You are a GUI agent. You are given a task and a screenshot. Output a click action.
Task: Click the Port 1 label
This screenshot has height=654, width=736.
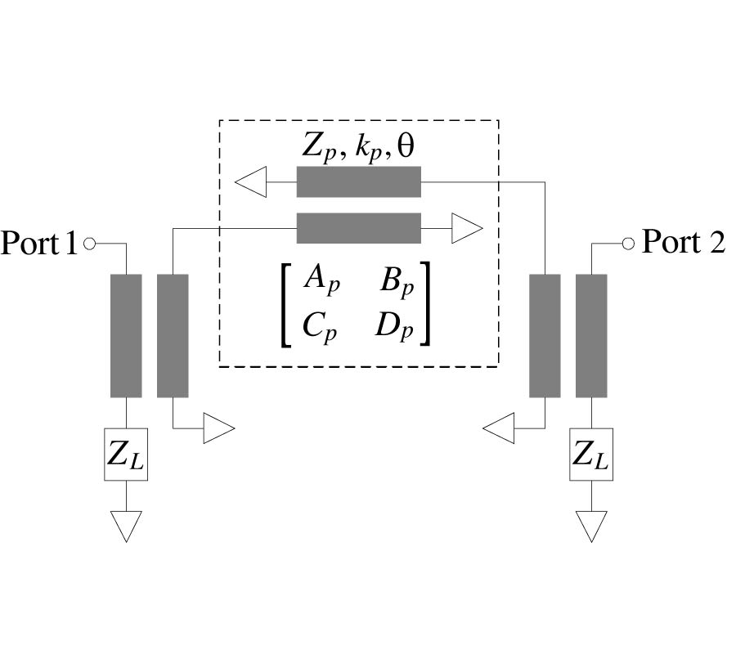(x=39, y=243)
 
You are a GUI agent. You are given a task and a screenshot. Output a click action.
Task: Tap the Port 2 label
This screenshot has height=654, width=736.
(x=684, y=242)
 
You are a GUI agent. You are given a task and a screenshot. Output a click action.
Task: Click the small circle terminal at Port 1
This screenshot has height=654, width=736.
(x=89, y=243)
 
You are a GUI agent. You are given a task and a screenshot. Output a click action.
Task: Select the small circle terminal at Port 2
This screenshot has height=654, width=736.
(x=628, y=243)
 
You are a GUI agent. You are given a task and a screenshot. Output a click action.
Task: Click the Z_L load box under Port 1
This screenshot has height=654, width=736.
(x=126, y=455)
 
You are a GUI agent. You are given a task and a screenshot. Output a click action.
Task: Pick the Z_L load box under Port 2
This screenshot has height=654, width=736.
(x=591, y=455)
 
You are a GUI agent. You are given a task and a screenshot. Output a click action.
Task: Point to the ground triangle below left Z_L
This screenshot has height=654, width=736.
(x=126, y=526)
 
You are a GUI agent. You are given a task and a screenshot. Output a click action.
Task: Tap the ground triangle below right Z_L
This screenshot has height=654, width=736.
(x=591, y=526)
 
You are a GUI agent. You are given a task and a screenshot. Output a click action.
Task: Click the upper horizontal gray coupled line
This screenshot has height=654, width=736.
(x=358, y=181)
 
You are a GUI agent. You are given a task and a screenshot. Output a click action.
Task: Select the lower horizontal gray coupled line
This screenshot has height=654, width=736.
(x=358, y=228)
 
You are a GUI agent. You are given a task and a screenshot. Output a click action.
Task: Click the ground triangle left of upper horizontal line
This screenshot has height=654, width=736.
(x=252, y=181)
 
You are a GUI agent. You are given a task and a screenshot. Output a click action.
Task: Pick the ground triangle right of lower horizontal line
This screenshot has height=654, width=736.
(x=467, y=228)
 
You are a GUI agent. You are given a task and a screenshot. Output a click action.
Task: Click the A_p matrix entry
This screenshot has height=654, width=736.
(x=320, y=280)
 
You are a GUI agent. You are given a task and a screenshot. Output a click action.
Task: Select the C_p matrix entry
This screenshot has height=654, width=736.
(x=319, y=327)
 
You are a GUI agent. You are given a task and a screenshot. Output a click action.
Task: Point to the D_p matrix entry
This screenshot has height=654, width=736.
(x=396, y=327)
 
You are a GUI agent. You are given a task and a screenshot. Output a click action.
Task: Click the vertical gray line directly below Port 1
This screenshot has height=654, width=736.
(x=126, y=335)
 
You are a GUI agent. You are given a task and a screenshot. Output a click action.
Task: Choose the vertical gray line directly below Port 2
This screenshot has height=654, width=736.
(x=591, y=335)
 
